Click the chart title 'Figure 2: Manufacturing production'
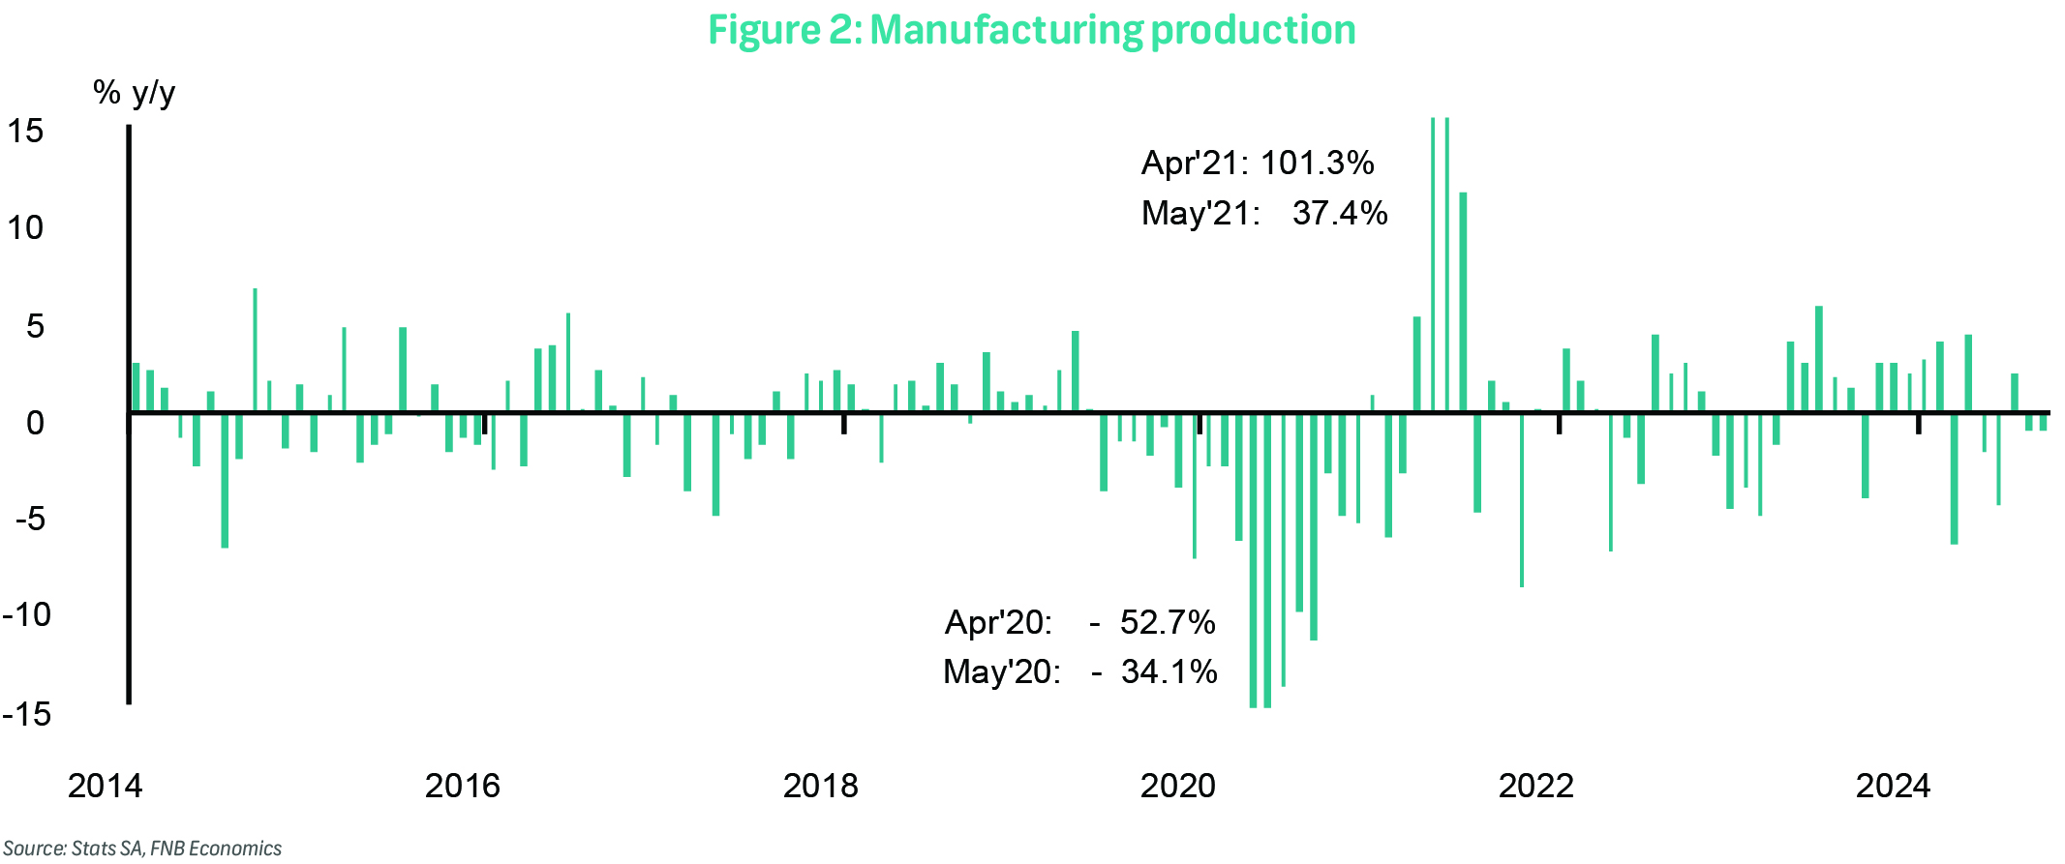[1031, 30]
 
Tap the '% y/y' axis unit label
[134, 93]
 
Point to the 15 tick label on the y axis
[26, 131]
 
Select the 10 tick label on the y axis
[26, 228]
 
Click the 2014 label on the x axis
[105, 786]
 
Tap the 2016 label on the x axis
[462, 786]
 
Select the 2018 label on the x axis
[820, 786]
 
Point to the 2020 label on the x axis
[1177, 786]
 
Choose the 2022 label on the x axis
[1535, 786]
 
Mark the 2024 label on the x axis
[1893, 786]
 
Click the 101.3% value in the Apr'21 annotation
[1317, 163]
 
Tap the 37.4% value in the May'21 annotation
[1340, 213]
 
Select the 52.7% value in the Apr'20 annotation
[1167, 622]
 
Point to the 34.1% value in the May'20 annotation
[1169, 671]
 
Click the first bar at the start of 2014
[136, 388]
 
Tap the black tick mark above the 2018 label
[843, 425]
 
